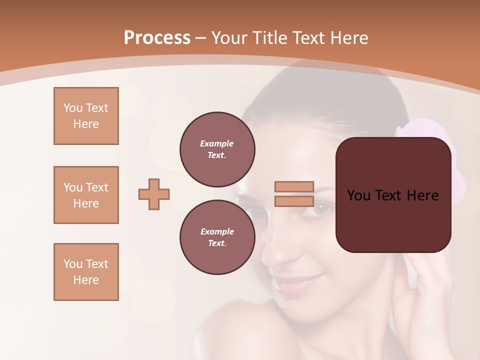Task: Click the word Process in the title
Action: [x=157, y=38]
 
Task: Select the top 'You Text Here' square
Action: [x=86, y=116]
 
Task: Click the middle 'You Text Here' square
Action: [x=86, y=195]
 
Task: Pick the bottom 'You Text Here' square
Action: [x=86, y=272]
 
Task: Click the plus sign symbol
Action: [x=154, y=194]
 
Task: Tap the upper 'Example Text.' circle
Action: [x=217, y=149]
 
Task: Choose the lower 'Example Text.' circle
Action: [x=217, y=237]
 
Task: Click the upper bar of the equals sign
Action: [x=294, y=186]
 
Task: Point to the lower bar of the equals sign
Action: [x=294, y=201]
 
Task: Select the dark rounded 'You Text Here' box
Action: [x=393, y=195]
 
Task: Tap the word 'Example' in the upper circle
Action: [x=217, y=143]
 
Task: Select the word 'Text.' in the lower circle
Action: [x=217, y=243]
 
